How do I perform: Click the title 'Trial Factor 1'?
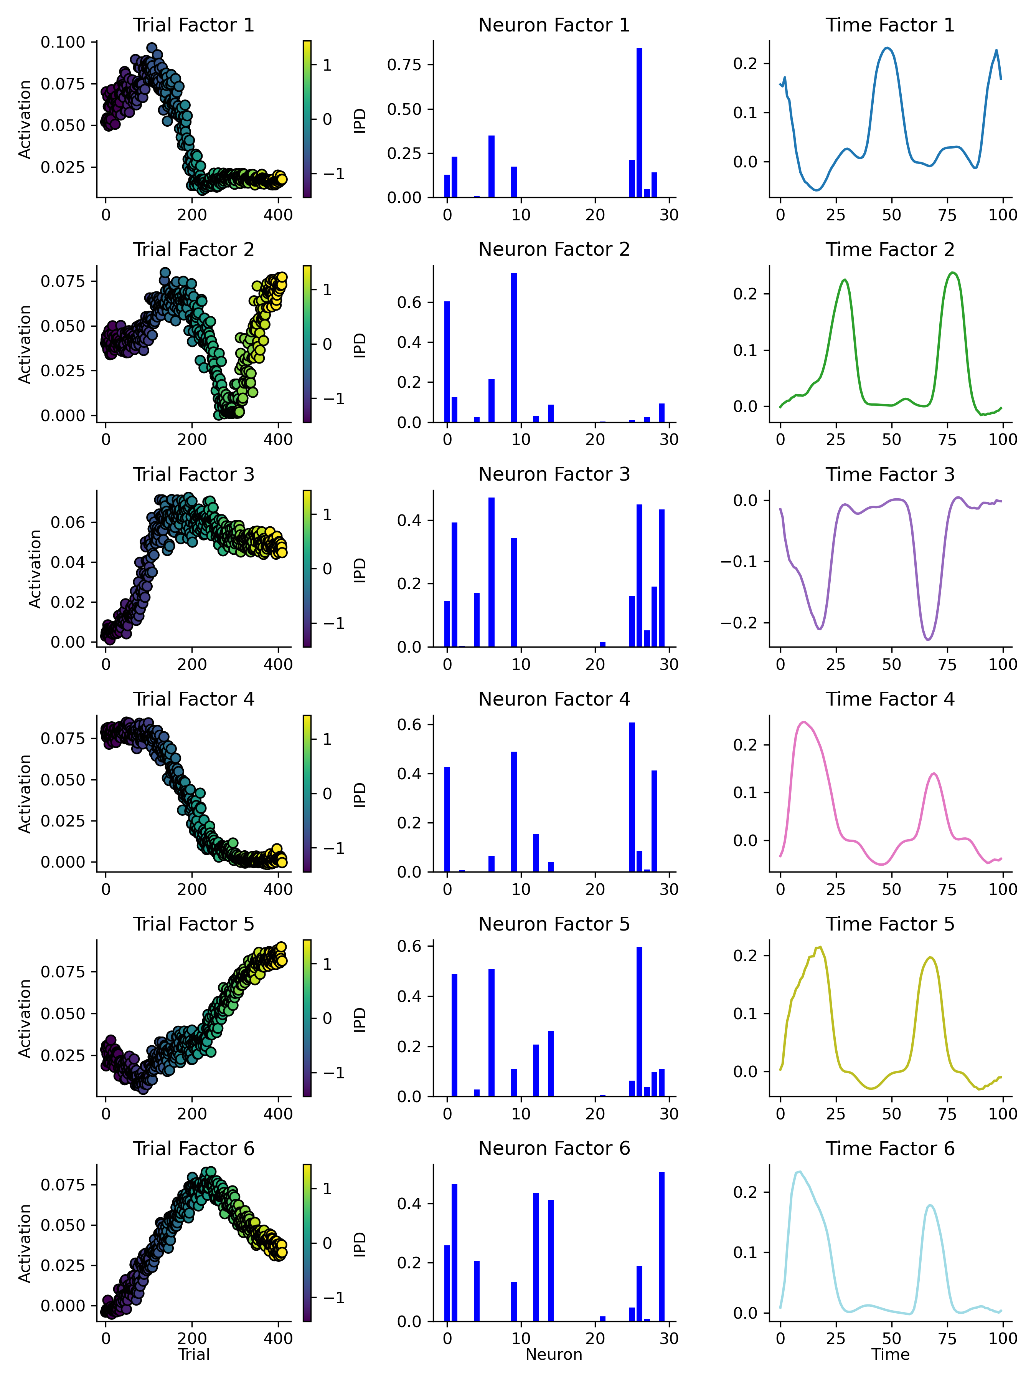(194, 25)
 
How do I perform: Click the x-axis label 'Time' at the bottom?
(890, 1354)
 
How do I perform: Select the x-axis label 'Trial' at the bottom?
(194, 1354)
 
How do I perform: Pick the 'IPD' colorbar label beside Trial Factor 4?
(360, 794)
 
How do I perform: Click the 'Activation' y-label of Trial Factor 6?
(25, 1243)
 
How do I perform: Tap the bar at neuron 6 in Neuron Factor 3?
(492, 572)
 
